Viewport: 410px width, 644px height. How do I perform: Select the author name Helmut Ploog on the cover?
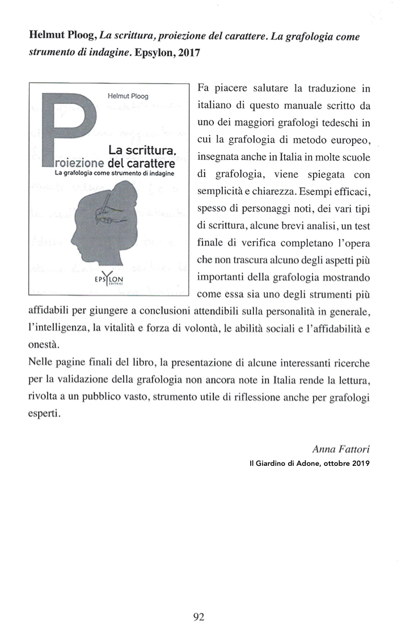[128, 96]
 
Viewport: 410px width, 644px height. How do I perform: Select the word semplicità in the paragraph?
[219, 183]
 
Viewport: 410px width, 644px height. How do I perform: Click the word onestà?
[44, 344]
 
